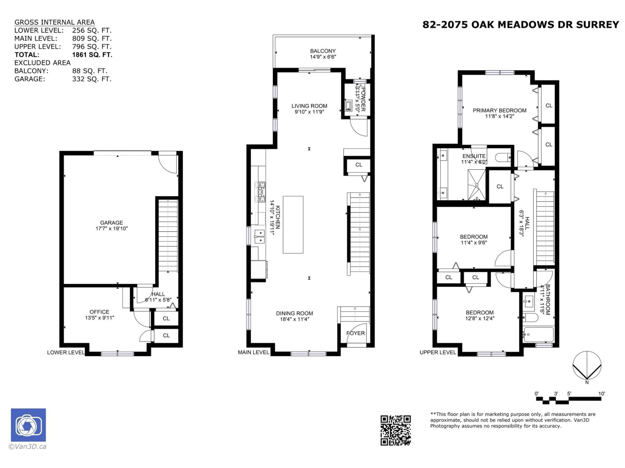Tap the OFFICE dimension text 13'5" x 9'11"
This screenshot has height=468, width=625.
point(99,318)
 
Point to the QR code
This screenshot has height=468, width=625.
point(395,430)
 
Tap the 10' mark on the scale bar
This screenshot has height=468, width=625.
point(601,394)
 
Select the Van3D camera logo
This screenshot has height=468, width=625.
point(28,425)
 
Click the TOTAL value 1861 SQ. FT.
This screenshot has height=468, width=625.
point(92,55)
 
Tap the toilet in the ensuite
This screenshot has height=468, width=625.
point(503,157)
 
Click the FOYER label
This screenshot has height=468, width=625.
point(355,333)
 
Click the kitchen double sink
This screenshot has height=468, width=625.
point(259,236)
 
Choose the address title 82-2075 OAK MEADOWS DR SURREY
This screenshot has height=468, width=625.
point(521,25)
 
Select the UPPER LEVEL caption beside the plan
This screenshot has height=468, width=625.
point(438,352)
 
